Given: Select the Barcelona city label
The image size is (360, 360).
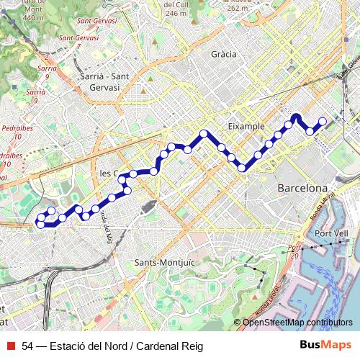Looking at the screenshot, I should (302, 188).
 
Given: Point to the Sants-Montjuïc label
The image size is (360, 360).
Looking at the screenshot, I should (164, 263).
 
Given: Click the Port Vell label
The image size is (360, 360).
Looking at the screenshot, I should (331, 234).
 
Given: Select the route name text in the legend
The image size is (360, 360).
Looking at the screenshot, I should (112, 346).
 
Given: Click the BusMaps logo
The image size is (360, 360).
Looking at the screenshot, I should (325, 346).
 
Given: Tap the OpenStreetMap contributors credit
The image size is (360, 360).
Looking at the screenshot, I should (297, 323).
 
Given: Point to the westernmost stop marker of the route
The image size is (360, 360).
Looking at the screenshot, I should (40, 225).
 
